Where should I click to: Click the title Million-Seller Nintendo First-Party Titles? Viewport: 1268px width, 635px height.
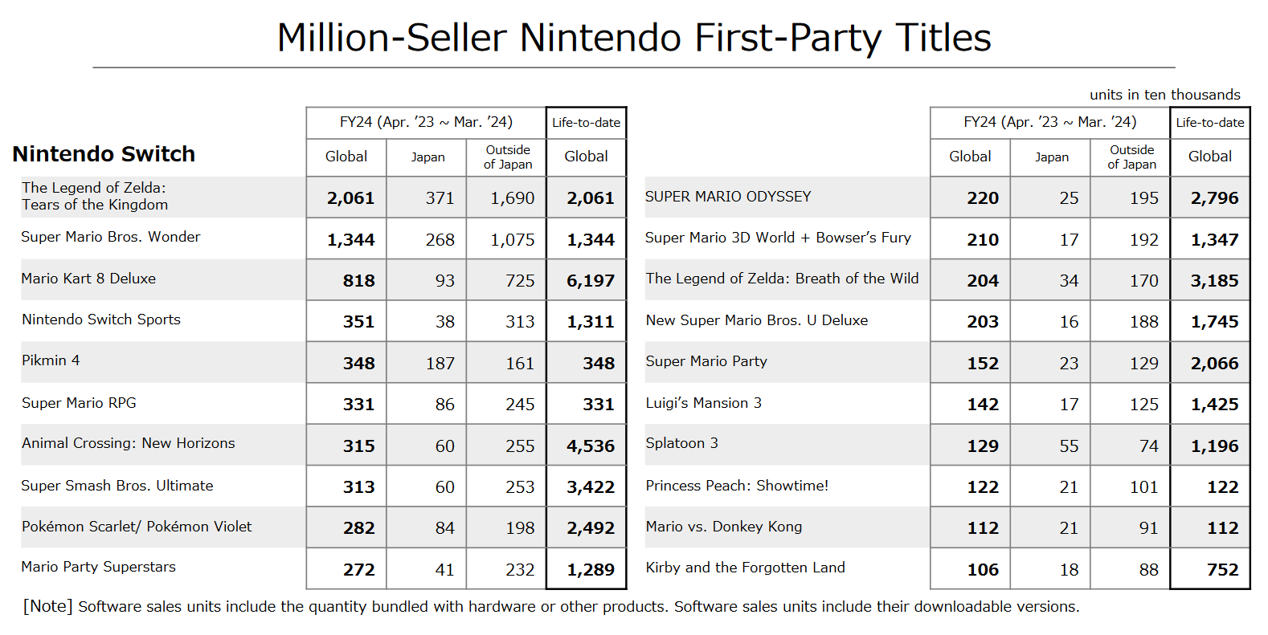click(x=634, y=38)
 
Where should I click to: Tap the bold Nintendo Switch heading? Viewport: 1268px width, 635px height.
click(x=104, y=154)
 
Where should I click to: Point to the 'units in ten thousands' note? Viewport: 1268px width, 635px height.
click(x=1164, y=95)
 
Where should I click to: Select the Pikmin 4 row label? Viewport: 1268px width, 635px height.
click(x=51, y=360)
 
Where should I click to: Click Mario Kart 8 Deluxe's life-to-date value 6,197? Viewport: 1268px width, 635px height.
click(x=590, y=281)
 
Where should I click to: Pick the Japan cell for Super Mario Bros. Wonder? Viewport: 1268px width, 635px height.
click(x=440, y=239)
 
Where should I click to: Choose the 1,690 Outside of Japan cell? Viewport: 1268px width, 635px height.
click(x=512, y=198)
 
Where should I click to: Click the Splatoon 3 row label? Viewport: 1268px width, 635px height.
click(x=681, y=443)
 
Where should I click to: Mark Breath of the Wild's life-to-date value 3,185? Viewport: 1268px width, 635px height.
click(x=1214, y=281)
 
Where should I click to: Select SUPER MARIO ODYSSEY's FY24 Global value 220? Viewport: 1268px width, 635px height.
click(x=982, y=198)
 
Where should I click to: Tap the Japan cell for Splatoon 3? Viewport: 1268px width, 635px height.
click(x=1068, y=446)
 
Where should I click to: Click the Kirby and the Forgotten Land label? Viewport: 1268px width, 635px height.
click(x=745, y=568)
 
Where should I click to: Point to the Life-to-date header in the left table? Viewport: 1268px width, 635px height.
click(x=586, y=123)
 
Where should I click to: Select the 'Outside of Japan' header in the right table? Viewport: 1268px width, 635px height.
click(x=1131, y=157)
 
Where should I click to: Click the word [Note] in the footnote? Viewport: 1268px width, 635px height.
click(x=48, y=606)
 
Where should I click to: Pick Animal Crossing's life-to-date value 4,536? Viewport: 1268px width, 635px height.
click(x=590, y=446)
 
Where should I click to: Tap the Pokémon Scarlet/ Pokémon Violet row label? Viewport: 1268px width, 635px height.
click(x=137, y=527)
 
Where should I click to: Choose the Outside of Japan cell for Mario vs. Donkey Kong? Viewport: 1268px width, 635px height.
click(x=1148, y=528)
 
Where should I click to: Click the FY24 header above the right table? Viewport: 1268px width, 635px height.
click(x=1049, y=122)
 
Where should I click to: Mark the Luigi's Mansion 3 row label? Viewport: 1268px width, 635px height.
click(x=703, y=403)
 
